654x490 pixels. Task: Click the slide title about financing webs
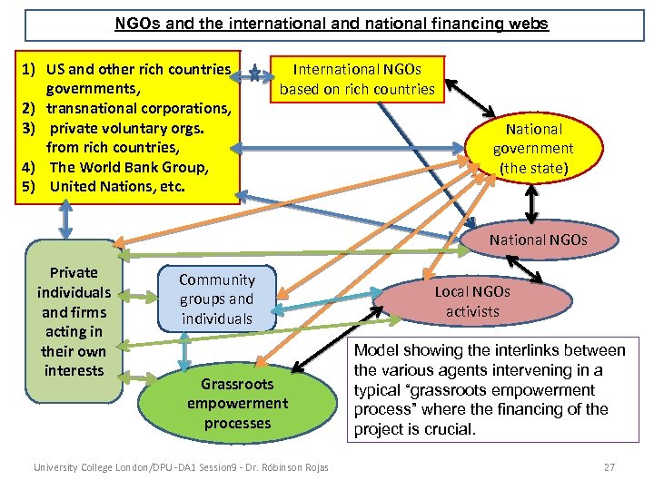click(x=332, y=24)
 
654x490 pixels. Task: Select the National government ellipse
click(x=533, y=149)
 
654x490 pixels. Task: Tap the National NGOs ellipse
click(x=539, y=240)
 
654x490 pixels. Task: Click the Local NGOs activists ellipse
click(x=472, y=301)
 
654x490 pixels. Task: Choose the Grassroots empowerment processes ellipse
click(x=237, y=403)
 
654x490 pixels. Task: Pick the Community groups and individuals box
click(x=216, y=299)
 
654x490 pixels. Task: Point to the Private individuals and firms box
click(x=74, y=321)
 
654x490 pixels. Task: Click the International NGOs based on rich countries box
click(x=357, y=79)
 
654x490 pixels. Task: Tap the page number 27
click(x=609, y=467)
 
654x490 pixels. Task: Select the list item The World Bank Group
click(x=129, y=167)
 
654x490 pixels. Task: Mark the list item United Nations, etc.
click(x=117, y=186)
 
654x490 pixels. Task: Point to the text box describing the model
click(x=490, y=389)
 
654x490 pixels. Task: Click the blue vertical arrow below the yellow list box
click(x=65, y=219)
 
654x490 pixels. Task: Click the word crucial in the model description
click(x=450, y=429)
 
